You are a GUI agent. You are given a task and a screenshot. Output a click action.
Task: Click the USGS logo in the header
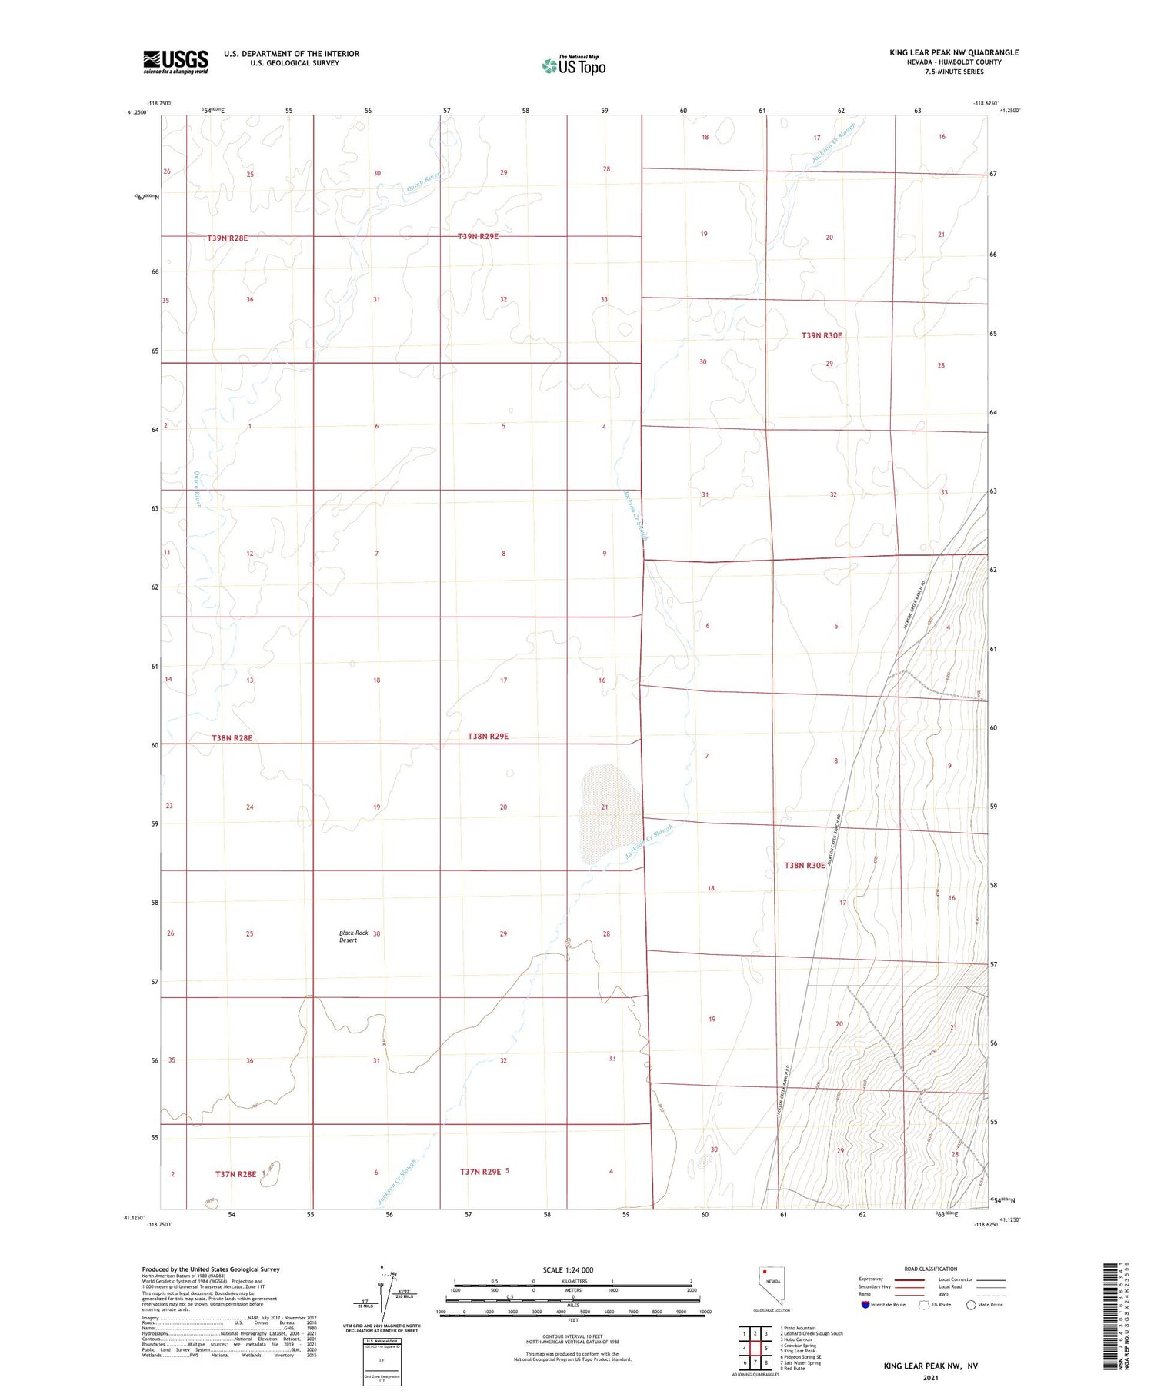pyautogui.click(x=175, y=62)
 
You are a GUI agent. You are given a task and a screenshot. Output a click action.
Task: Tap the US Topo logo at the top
pyautogui.click(x=574, y=66)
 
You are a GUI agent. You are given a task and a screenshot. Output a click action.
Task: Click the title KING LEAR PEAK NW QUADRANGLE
pyautogui.click(x=954, y=52)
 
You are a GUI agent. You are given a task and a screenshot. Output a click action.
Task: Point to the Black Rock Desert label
pyautogui.click(x=353, y=936)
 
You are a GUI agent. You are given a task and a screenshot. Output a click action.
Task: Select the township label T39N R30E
pyautogui.click(x=822, y=335)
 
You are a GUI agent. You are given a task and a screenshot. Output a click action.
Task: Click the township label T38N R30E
pyautogui.click(x=804, y=865)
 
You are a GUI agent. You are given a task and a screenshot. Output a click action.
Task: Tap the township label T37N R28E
pyautogui.click(x=235, y=1174)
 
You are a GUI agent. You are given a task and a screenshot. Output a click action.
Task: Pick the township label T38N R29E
pyautogui.click(x=488, y=736)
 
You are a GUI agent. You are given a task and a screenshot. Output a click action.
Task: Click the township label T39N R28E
pyautogui.click(x=227, y=238)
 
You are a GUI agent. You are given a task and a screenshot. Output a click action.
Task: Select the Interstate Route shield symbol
pyautogui.click(x=865, y=1305)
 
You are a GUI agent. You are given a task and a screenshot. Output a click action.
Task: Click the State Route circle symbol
pyautogui.click(x=971, y=1305)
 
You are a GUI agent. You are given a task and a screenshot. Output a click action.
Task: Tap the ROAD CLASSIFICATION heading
pyautogui.click(x=931, y=1269)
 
